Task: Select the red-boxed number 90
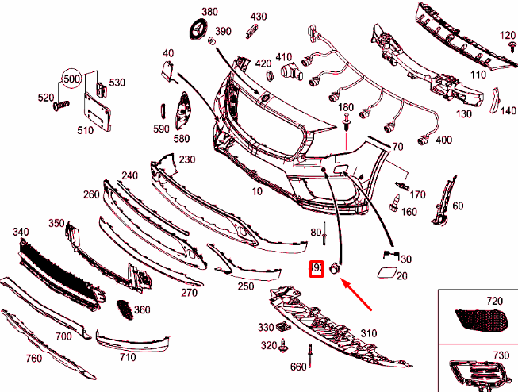pyautogui.click(x=317, y=269)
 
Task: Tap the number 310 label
pyautogui.click(x=369, y=332)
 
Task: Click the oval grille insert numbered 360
pyautogui.click(x=123, y=309)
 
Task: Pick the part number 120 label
pyautogui.click(x=508, y=36)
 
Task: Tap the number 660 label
pyautogui.click(x=298, y=367)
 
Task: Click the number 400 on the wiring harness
pyautogui.click(x=443, y=140)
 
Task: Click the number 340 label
pyautogui.click(x=21, y=232)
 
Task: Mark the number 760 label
pyautogui.click(x=33, y=359)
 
